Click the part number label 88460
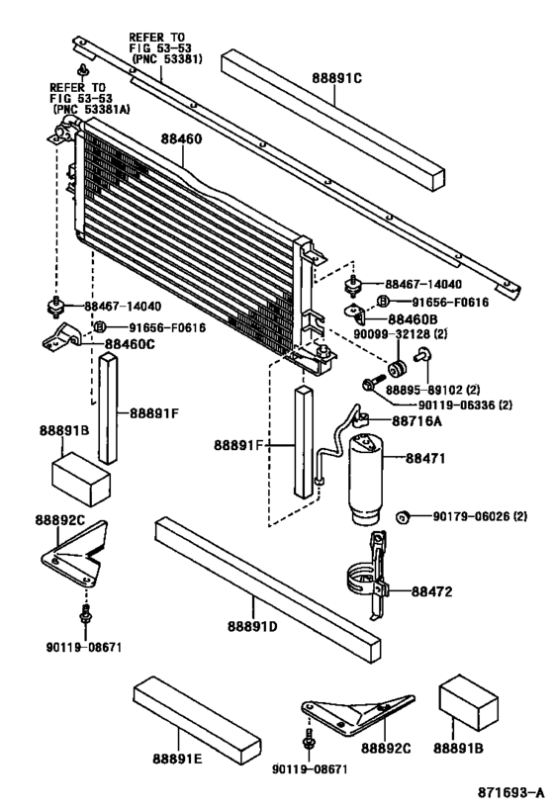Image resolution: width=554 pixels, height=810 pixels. [x=180, y=140]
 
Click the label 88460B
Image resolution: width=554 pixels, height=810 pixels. [x=412, y=319]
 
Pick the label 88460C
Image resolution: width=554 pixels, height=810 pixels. [x=130, y=343]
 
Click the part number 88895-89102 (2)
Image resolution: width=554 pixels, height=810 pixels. [x=453, y=389]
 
